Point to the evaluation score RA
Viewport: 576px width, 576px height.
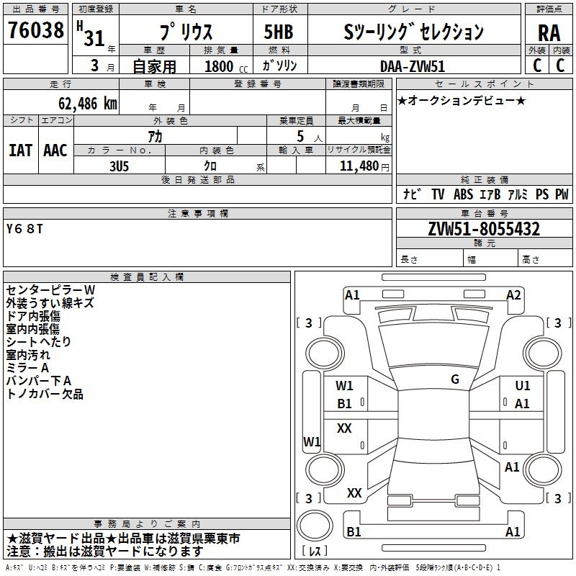549,32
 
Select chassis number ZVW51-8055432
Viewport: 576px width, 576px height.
484,230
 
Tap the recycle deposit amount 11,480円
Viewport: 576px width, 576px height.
359,165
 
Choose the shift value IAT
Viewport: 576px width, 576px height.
20,150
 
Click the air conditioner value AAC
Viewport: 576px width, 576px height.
55,150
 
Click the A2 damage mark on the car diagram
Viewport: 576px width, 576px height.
513,294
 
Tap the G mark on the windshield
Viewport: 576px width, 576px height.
455,379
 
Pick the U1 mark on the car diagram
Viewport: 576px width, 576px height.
523,386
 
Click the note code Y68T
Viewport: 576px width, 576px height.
24,229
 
